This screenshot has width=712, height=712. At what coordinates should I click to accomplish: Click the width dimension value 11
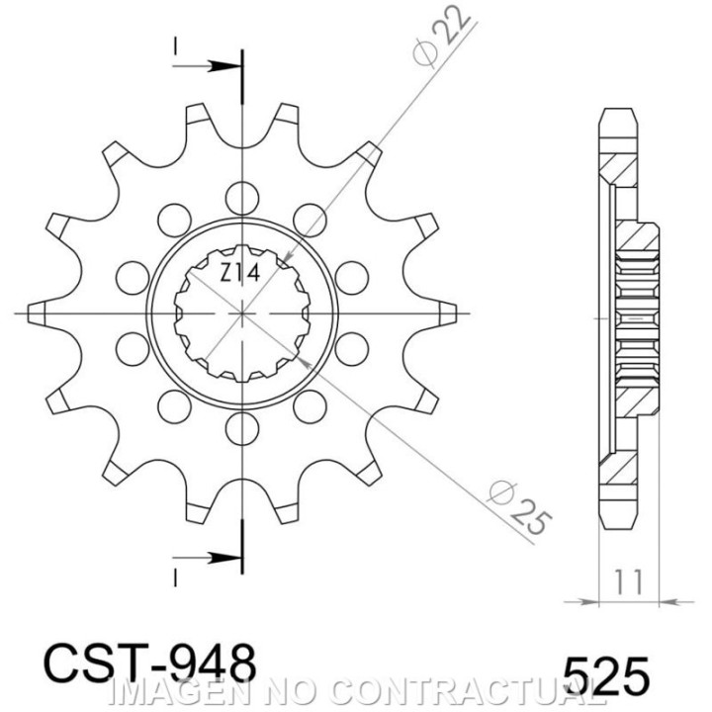point(629,582)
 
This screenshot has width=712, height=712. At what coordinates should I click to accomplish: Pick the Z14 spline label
point(240,274)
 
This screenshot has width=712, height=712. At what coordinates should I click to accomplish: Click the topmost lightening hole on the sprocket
point(242,198)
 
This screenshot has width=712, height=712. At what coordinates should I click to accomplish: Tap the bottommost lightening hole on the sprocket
point(242,428)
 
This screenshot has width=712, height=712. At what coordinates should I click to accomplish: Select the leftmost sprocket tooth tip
point(28,313)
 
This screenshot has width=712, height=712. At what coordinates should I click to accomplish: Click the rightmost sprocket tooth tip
point(456,313)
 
